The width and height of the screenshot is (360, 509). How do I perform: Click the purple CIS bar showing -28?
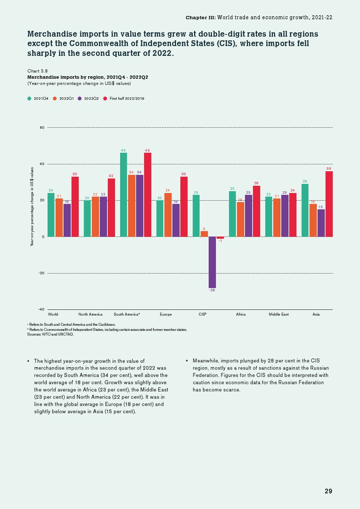212,262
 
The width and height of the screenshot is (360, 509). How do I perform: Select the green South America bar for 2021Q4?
123,195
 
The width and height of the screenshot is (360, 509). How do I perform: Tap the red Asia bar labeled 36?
329,204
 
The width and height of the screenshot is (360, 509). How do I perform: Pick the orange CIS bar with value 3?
204,234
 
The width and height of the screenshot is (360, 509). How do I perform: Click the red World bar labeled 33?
75,207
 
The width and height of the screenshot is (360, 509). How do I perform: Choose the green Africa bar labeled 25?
232,214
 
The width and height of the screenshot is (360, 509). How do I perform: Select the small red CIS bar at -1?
220,238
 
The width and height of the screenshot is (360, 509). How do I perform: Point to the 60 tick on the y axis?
42,128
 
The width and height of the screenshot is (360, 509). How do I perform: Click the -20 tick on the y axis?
41,273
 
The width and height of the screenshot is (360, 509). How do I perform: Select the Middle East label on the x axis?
279,315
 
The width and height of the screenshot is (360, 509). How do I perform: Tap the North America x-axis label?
90,315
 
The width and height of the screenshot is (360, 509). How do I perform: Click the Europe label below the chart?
166,315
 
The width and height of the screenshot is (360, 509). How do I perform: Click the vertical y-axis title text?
32,207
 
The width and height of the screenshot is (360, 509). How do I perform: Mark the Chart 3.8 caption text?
37,71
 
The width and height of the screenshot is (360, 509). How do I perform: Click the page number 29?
328,491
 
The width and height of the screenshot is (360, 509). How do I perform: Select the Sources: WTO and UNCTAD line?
50,334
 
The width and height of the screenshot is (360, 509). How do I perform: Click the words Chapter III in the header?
200,17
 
